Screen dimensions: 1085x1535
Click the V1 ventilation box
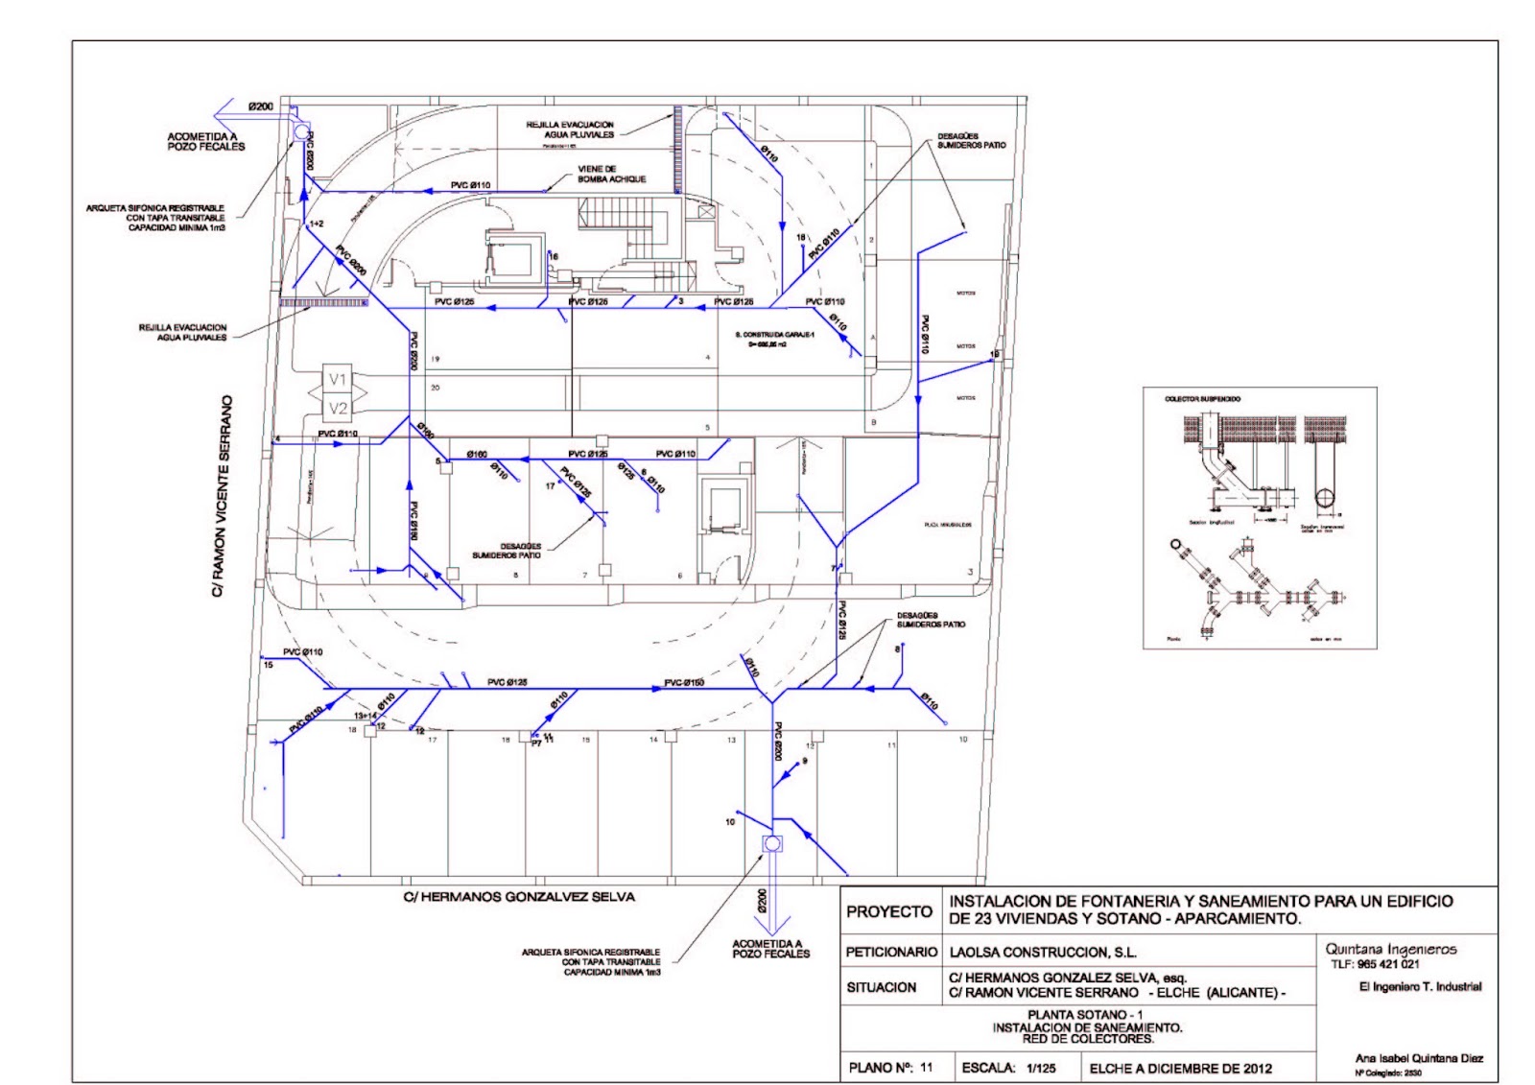click(x=338, y=380)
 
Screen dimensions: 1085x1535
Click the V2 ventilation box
click(x=338, y=410)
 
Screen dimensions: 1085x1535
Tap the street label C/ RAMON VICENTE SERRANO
click(x=223, y=497)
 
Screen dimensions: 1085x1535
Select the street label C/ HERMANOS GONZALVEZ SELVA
click(x=518, y=897)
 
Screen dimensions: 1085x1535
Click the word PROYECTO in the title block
click(x=888, y=911)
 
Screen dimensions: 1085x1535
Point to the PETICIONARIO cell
click(x=890, y=953)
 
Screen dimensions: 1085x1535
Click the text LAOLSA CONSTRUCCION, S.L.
click(x=1042, y=953)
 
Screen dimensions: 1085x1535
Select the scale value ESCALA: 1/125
click(x=1008, y=1068)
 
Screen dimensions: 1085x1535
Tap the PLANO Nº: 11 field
click(x=890, y=1068)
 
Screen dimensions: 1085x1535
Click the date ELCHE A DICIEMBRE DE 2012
click(x=1180, y=1068)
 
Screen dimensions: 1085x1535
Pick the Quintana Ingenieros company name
click(x=1390, y=949)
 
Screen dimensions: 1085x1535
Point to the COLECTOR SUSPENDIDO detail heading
click(x=1201, y=398)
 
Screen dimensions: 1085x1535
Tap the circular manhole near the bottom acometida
click(x=771, y=844)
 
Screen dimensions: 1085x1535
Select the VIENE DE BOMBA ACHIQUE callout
click(x=611, y=174)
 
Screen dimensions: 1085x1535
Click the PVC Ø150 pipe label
click(x=684, y=683)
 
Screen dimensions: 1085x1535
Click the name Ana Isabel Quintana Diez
click(x=1418, y=1058)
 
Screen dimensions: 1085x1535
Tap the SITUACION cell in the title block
click(x=881, y=987)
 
